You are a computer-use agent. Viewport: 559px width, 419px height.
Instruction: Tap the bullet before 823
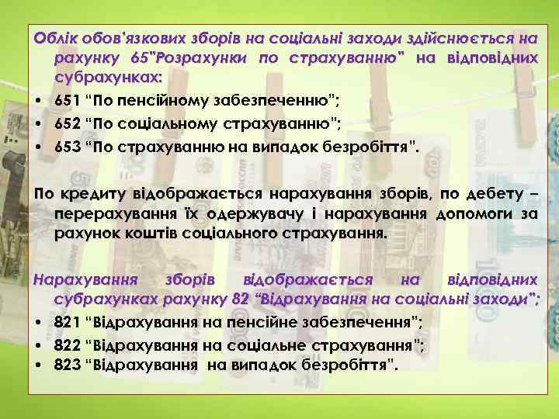point(38,363)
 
